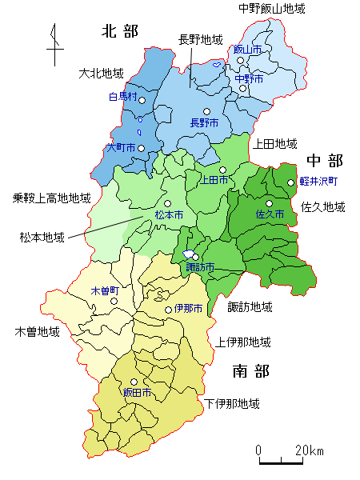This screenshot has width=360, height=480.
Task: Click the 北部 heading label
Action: tap(120, 31)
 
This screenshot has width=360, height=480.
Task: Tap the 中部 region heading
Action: tap(324, 160)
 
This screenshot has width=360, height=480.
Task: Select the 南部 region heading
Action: tap(250, 371)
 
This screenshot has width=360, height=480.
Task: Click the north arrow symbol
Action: tap(54, 46)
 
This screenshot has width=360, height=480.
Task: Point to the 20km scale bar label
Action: tap(308, 450)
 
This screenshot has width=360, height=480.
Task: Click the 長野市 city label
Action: tap(204, 123)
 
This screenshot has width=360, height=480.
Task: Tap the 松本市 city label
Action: tap(169, 216)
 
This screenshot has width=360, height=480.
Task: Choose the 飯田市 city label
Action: tap(137, 393)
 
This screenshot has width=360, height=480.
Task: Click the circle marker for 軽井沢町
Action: tap(291, 182)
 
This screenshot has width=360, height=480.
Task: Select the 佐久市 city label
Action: tap(270, 214)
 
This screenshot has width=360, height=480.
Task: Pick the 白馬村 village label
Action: tap(123, 97)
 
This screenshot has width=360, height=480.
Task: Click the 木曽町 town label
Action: tap(105, 290)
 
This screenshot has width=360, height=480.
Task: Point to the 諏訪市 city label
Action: tap(200, 267)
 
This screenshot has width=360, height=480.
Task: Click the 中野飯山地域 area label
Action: tap(272, 9)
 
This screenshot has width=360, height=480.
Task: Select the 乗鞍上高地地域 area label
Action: tap(52, 198)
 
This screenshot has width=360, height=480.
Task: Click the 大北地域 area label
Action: tap(102, 73)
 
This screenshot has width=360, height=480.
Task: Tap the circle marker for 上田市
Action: tap(223, 170)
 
